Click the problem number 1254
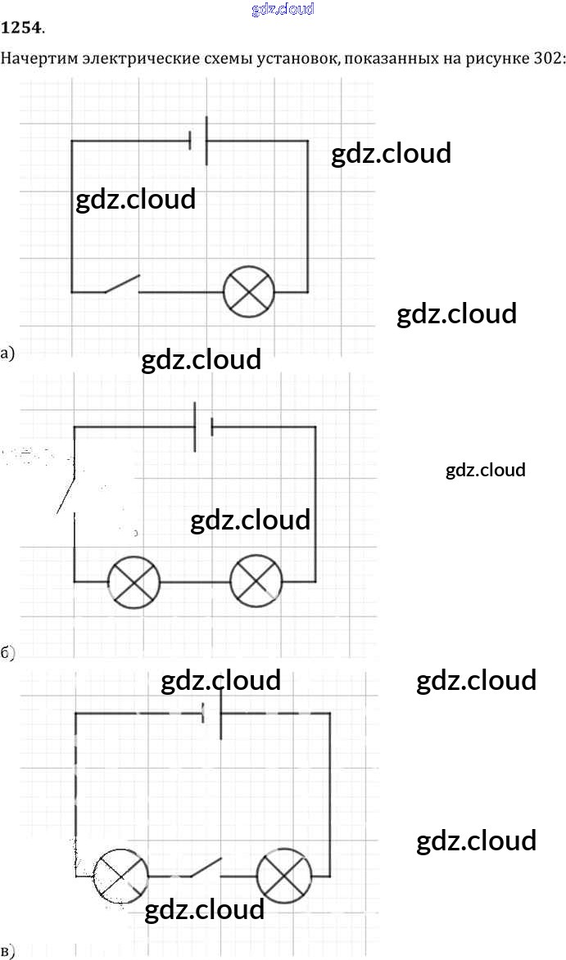(x=22, y=29)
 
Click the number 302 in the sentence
(x=550, y=59)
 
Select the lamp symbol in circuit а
(x=249, y=291)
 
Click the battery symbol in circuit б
(x=203, y=426)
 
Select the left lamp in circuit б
(x=134, y=582)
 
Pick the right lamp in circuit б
(x=256, y=581)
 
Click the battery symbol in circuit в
(x=213, y=713)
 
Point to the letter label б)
(x=8, y=652)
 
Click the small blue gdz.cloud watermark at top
(x=282, y=9)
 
